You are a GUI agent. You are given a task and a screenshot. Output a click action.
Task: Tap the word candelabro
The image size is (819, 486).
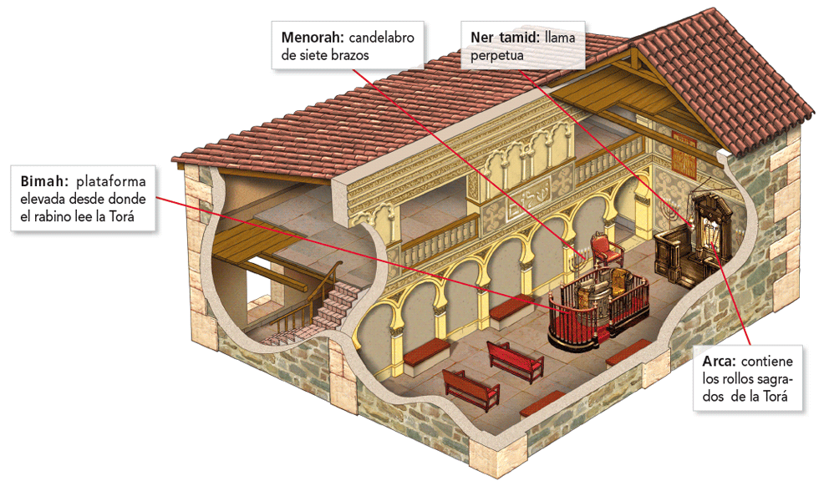coord(381,38)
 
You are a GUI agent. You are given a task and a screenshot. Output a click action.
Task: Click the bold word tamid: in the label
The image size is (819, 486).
coord(518,38)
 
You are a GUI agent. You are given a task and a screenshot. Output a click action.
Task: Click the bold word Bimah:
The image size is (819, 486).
coord(39,181)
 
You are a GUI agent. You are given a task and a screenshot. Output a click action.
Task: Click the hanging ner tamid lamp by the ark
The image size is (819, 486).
coord(692,220)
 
